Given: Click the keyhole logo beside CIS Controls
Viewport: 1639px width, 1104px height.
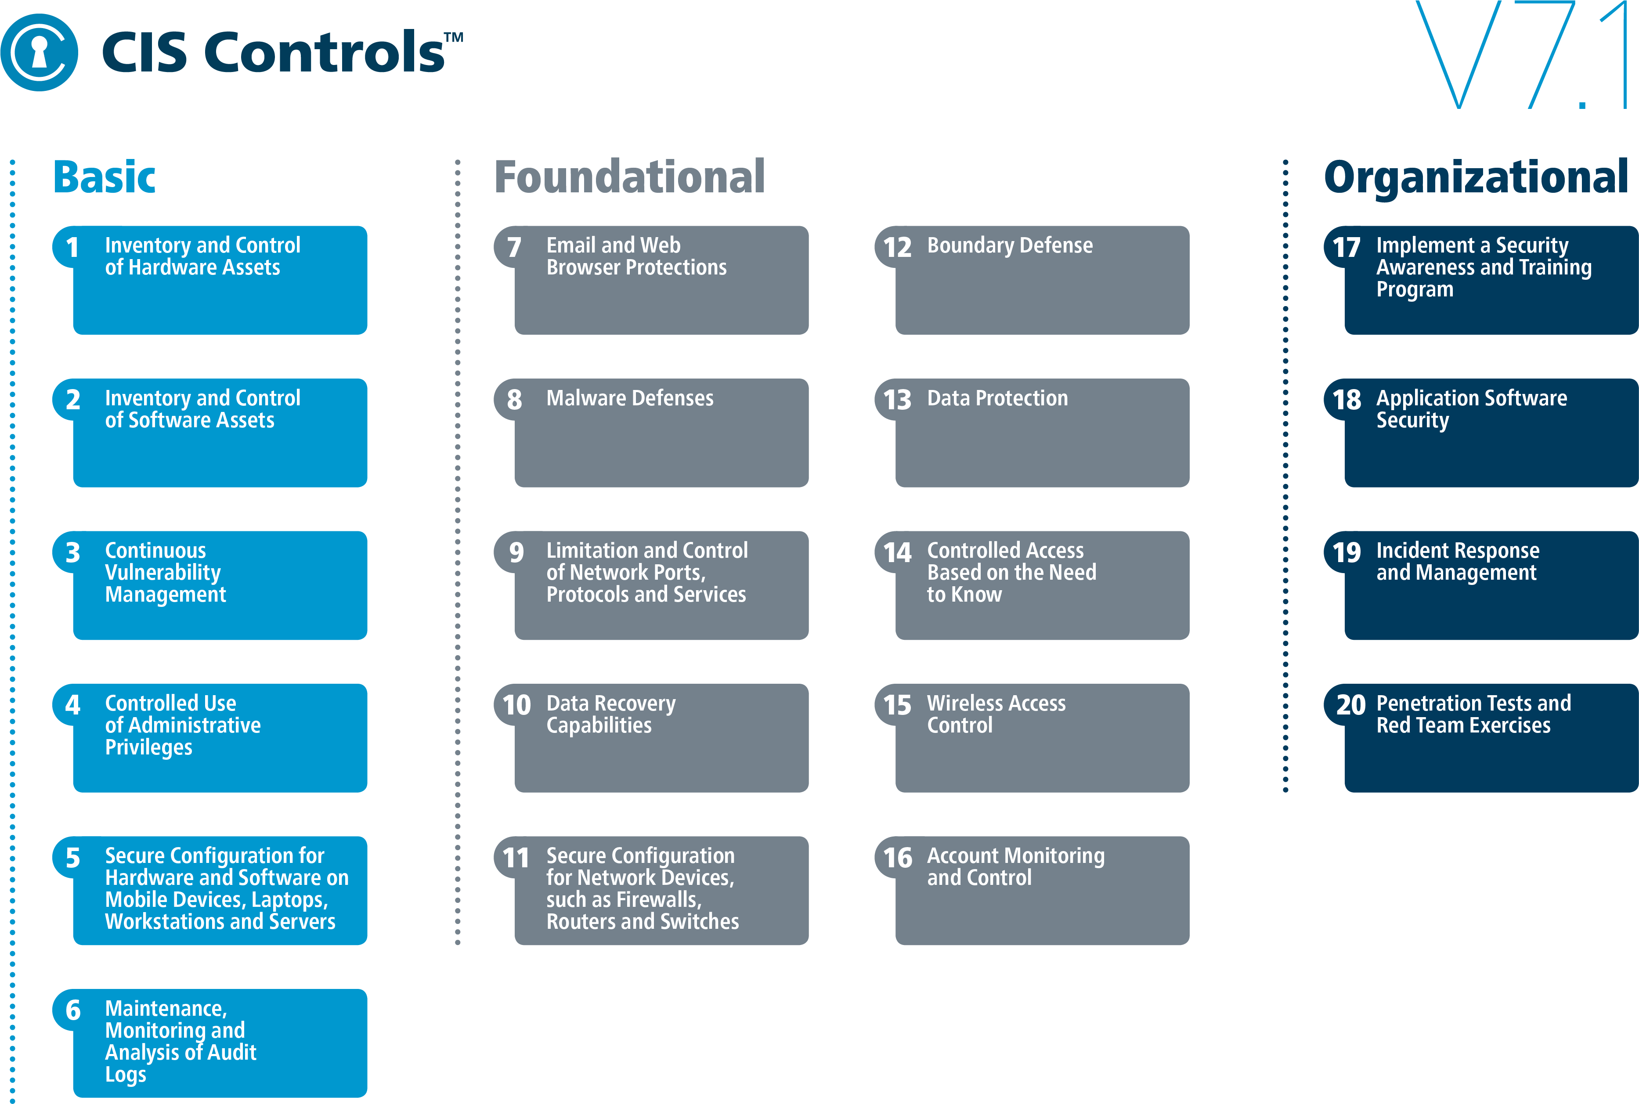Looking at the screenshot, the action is coord(40,53).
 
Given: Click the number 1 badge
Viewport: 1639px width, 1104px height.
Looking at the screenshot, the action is coord(72,247).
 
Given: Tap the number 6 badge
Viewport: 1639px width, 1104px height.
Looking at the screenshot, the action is coord(72,1010).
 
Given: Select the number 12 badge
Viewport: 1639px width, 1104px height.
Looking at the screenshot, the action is coord(897,247).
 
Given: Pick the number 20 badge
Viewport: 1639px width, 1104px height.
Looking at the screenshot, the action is coord(1350,705).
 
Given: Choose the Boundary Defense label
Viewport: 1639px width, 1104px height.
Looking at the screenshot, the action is coord(1010,246).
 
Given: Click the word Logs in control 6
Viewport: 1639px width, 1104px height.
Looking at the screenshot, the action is coord(125,1075).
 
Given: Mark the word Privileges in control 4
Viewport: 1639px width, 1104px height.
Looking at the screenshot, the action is coord(148,748).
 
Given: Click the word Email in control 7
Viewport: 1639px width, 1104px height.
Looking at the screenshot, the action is coord(571,246).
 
